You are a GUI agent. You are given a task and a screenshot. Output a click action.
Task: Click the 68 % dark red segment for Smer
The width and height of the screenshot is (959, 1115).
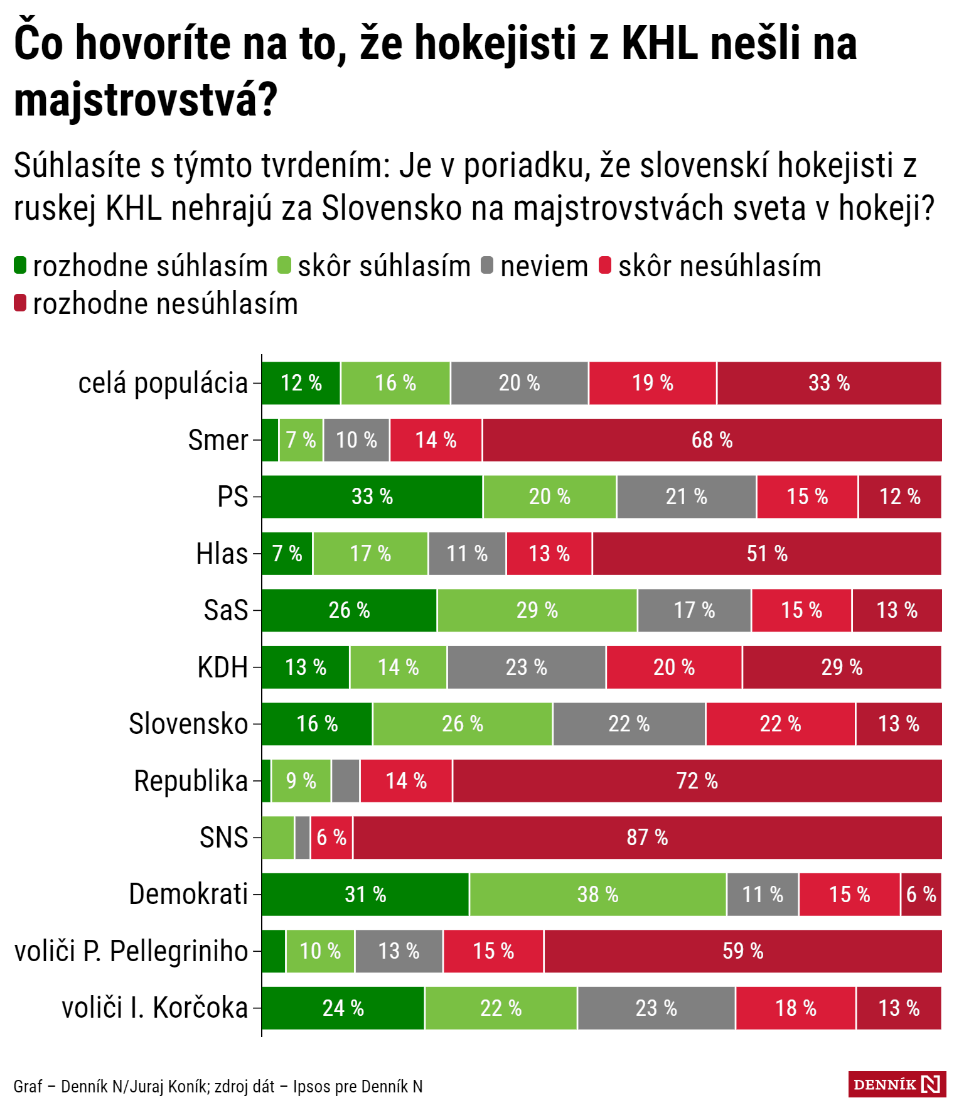[x=712, y=440]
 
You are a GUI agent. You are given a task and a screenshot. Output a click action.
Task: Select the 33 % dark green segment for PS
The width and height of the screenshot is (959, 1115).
[x=372, y=497]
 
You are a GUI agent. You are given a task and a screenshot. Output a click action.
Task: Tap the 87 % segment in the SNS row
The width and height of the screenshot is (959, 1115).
[x=647, y=838]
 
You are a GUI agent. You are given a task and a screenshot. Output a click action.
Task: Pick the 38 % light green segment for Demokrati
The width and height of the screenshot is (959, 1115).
[x=597, y=895]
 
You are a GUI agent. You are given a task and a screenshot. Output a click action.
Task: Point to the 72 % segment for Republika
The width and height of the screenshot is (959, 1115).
[x=697, y=781]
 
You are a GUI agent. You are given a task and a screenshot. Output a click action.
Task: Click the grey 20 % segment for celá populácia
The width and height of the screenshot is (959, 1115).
[x=519, y=383]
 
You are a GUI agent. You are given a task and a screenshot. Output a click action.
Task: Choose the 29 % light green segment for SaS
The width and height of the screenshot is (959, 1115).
[x=537, y=610]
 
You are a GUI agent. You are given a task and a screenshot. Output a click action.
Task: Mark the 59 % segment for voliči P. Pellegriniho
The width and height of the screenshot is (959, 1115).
[x=742, y=951]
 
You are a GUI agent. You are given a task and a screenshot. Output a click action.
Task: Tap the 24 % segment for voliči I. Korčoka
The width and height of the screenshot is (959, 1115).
[x=343, y=1008]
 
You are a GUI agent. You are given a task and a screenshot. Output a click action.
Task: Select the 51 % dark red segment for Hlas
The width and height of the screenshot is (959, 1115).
[x=767, y=554]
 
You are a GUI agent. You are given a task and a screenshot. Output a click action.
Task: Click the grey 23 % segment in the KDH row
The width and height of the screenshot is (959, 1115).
[x=527, y=667]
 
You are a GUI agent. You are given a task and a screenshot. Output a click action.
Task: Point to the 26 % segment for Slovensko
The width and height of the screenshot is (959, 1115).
[x=463, y=724]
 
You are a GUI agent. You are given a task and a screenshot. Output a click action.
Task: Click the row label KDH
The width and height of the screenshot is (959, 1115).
[x=223, y=667]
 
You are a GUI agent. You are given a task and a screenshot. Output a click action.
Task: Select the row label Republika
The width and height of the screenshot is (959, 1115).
[x=191, y=781]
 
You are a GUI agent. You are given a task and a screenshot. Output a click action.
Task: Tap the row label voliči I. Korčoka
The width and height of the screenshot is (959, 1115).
[x=155, y=1008]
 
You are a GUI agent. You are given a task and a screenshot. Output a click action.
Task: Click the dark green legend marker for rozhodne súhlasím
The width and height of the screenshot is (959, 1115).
[x=20, y=266]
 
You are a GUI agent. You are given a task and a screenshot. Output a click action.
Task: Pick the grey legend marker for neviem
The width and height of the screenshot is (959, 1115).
[x=487, y=266]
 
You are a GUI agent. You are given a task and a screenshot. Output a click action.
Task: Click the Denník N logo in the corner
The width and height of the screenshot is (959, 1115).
[x=897, y=1084]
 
